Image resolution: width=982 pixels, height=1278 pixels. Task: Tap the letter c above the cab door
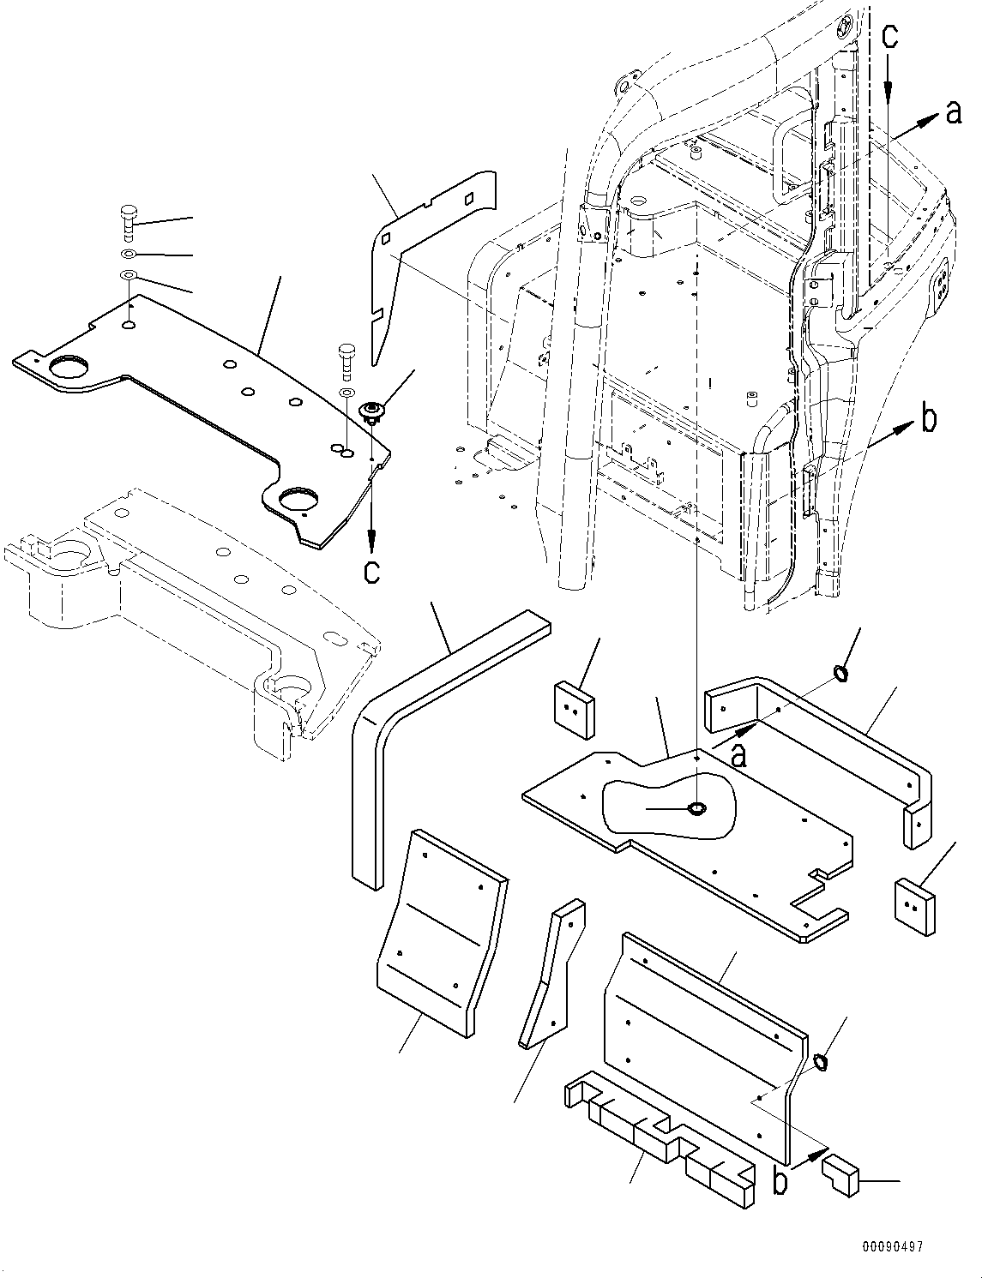point(891,37)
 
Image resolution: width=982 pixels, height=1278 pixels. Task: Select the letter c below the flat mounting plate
point(371,571)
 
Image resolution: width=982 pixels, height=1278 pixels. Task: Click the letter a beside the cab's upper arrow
point(953,112)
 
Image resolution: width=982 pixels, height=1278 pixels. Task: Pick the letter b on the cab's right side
point(927,419)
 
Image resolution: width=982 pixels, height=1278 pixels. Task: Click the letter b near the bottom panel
point(780,1182)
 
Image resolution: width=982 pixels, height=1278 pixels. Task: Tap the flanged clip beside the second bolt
point(371,412)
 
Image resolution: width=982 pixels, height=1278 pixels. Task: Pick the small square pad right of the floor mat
point(913,907)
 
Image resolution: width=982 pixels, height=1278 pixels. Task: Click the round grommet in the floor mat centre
point(696,808)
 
